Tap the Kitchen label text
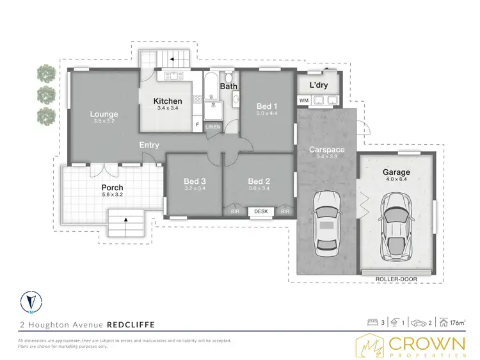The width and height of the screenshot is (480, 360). [x=168, y=101]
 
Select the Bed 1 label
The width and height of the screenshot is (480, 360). [x=266, y=106]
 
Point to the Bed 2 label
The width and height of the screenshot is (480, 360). [x=258, y=182]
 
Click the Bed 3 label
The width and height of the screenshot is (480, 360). [x=195, y=182]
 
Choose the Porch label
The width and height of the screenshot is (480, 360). [x=112, y=188]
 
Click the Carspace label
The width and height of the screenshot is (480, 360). [x=326, y=150]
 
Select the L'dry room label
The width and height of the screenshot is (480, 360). [x=318, y=85]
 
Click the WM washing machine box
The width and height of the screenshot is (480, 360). [x=303, y=101]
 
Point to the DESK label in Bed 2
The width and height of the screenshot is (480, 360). [x=260, y=211]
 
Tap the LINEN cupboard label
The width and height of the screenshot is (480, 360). [x=212, y=127]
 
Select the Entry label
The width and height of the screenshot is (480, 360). [x=149, y=145]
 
